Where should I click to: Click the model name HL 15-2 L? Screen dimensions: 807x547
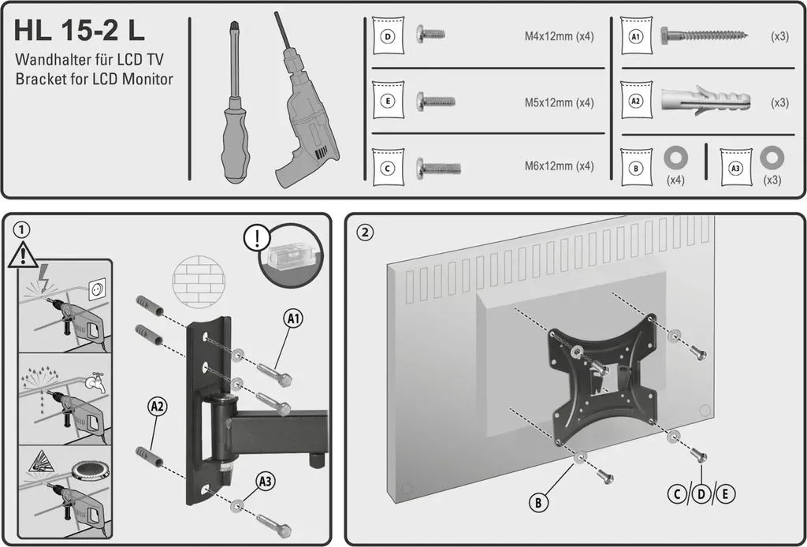(80, 32)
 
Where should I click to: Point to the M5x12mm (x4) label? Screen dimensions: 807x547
(559, 102)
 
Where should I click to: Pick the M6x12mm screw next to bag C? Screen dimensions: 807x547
(438, 167)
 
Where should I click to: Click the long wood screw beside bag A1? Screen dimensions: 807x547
(704, 35)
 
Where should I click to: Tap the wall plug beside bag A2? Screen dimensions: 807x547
(705, 100)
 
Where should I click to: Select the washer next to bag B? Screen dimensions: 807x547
(675, 158)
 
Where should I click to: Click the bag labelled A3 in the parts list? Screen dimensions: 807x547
(736, 168)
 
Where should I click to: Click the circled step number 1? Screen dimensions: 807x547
(21, 230)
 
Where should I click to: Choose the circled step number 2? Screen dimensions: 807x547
(364, 233)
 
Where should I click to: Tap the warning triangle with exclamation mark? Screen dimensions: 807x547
(23, 255)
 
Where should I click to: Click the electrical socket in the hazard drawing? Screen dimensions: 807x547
(97, 290)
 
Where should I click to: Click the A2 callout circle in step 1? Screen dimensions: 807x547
(158, 407)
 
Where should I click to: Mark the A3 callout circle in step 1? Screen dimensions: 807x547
(266, 482)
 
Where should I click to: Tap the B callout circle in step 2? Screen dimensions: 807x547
(538, 502)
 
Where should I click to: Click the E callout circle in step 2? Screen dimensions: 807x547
(725, 494)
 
